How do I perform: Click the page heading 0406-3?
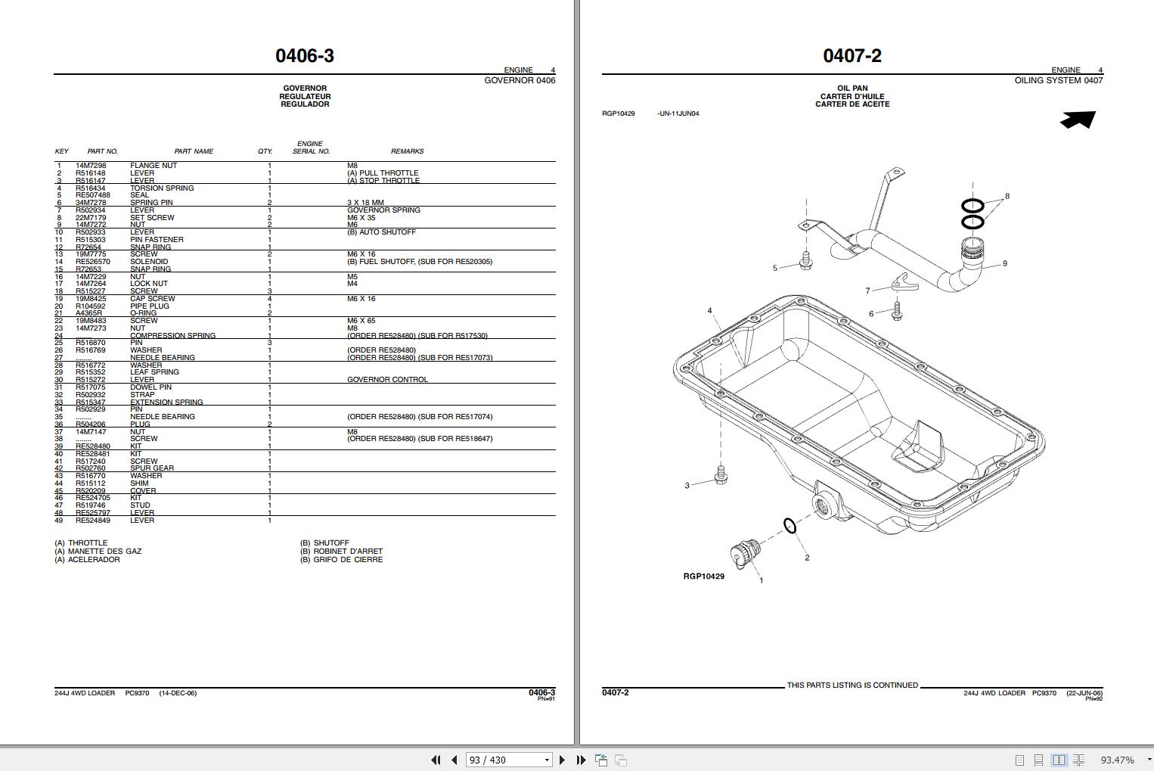[305, 55]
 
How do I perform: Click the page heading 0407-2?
[852, 55]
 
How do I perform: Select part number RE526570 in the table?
[93, 262]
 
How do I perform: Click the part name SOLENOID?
[149, 262]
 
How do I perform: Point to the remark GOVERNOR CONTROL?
[387, 380]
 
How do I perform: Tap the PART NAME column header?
[194, 151]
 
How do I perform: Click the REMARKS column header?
[407, 151]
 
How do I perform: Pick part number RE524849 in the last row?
[93, 521]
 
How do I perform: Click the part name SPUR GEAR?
[152, 468]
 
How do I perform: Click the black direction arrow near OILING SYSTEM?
[1078, 120]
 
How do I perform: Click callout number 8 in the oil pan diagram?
[1007, 196]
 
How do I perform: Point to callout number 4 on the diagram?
[709, 311]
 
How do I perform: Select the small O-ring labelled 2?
[789, 526]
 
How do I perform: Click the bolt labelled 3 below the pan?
[721, 477]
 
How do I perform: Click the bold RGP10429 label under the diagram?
[703, 577]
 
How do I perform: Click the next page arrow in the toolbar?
[562, 760]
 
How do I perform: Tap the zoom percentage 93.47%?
[1117, 760]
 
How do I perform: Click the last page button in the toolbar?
[581, 760]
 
